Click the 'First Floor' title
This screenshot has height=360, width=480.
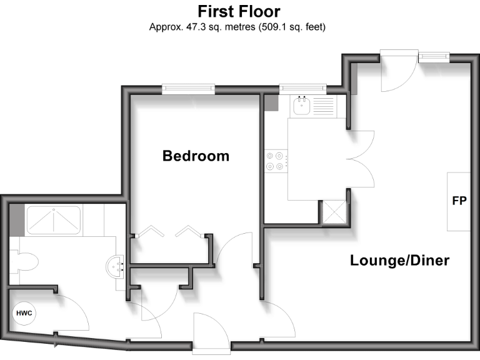click(x=239, y=11)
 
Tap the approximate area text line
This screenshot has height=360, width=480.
click(x=237, y=27)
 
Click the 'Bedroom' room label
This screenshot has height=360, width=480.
click(x=196, y=156)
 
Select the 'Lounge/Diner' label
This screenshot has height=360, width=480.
click(x=399, y=260)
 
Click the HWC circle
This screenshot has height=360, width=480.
click(x=24, y=313)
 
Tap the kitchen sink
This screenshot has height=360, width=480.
click(x=302, y=106)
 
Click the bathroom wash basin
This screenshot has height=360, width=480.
click(x=115, y=267)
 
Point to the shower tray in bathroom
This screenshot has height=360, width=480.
click(x=52, y=220)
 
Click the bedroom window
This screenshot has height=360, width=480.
click(x=188, y=89)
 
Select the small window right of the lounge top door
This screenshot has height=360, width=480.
click(x=434, y=57)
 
